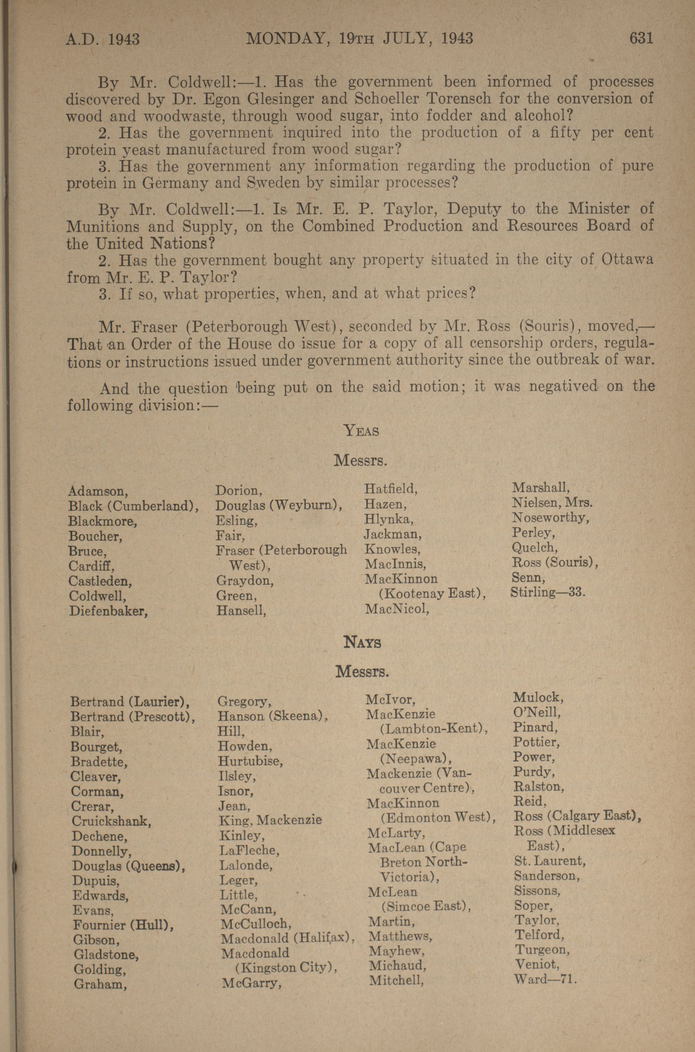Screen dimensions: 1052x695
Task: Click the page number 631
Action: click(641, 38)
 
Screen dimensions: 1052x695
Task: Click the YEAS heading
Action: click(362, 430)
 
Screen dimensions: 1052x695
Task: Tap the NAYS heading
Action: click(362, 643)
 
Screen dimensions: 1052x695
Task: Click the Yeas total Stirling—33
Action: click(548, 592)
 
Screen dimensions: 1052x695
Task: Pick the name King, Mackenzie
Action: click(270, 820)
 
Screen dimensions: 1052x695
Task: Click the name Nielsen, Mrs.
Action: click(552, 503)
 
